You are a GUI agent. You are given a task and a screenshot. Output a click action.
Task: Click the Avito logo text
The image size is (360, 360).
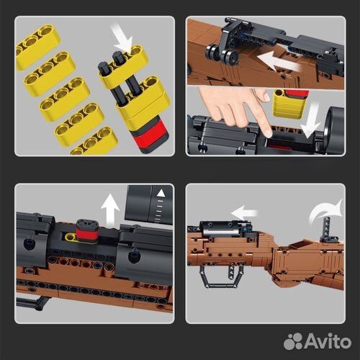pyautogui.click(x=328, y=341)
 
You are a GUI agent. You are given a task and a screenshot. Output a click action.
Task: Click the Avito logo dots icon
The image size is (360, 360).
pyautogui.click(x=292, y=341)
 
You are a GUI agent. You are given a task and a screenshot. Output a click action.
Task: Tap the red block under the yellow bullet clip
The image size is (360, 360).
pyautogui.click(x=149, y=135)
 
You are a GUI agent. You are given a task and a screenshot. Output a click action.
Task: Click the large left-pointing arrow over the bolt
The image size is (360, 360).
pyautogui.click(x=279, y=62)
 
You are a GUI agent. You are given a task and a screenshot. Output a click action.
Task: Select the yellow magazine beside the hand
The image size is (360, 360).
pyautogui.click(x=290, y=104)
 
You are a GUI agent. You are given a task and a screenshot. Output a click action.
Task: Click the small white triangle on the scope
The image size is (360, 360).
pyautogui.click(x=161, y=193)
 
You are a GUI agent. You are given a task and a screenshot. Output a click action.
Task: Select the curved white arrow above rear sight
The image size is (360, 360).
pyautogui.click(x=326, y=211)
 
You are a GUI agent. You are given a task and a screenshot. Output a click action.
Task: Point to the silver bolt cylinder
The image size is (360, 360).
pyautogui.click(x=221, y=232)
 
